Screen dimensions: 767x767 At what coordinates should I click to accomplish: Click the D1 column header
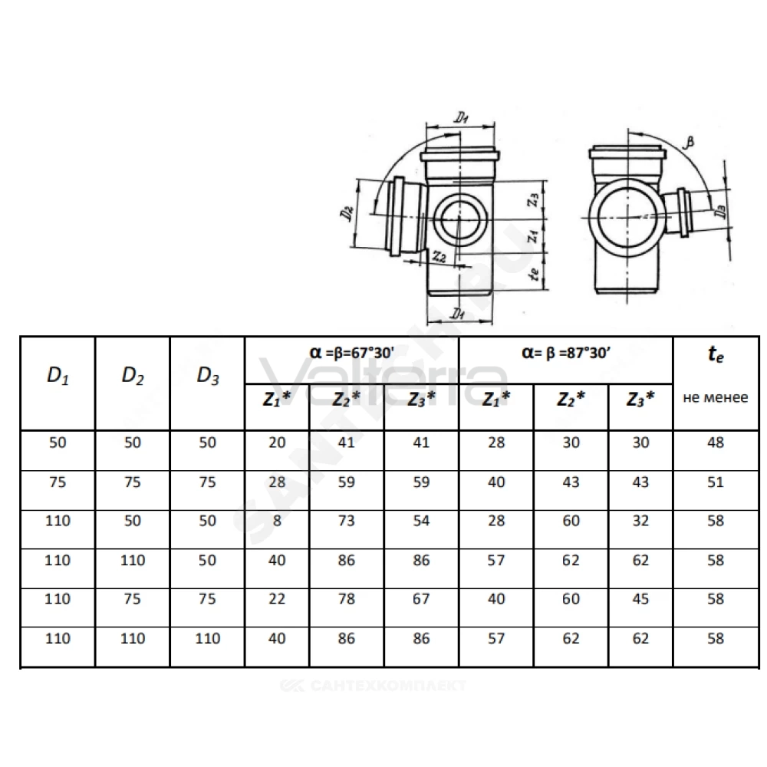pyautogui.click(x=58, y=376)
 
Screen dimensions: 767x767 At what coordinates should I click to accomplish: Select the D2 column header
pyautogui.click(x=133, y=376)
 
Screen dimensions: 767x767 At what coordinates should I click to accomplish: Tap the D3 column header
pyautogui.click(x=207, y=376)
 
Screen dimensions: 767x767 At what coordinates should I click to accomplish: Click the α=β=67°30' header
pyautogui.click(x=352, y=353)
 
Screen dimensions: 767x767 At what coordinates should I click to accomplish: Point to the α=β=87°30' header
pyautogui.click(x=566, y=353)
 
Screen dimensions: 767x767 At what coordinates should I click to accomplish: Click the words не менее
pyautogui.click(x=715, y=397)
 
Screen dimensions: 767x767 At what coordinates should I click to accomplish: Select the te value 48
pyautogui.click(x=715, y=443)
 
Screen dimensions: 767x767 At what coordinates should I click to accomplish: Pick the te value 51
pyautogui.click(x=715, y=482)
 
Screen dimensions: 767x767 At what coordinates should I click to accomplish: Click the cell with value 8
pyautogui.click(x=277, y=521)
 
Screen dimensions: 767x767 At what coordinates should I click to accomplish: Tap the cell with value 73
pyautogui.click(x=347, y=521)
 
